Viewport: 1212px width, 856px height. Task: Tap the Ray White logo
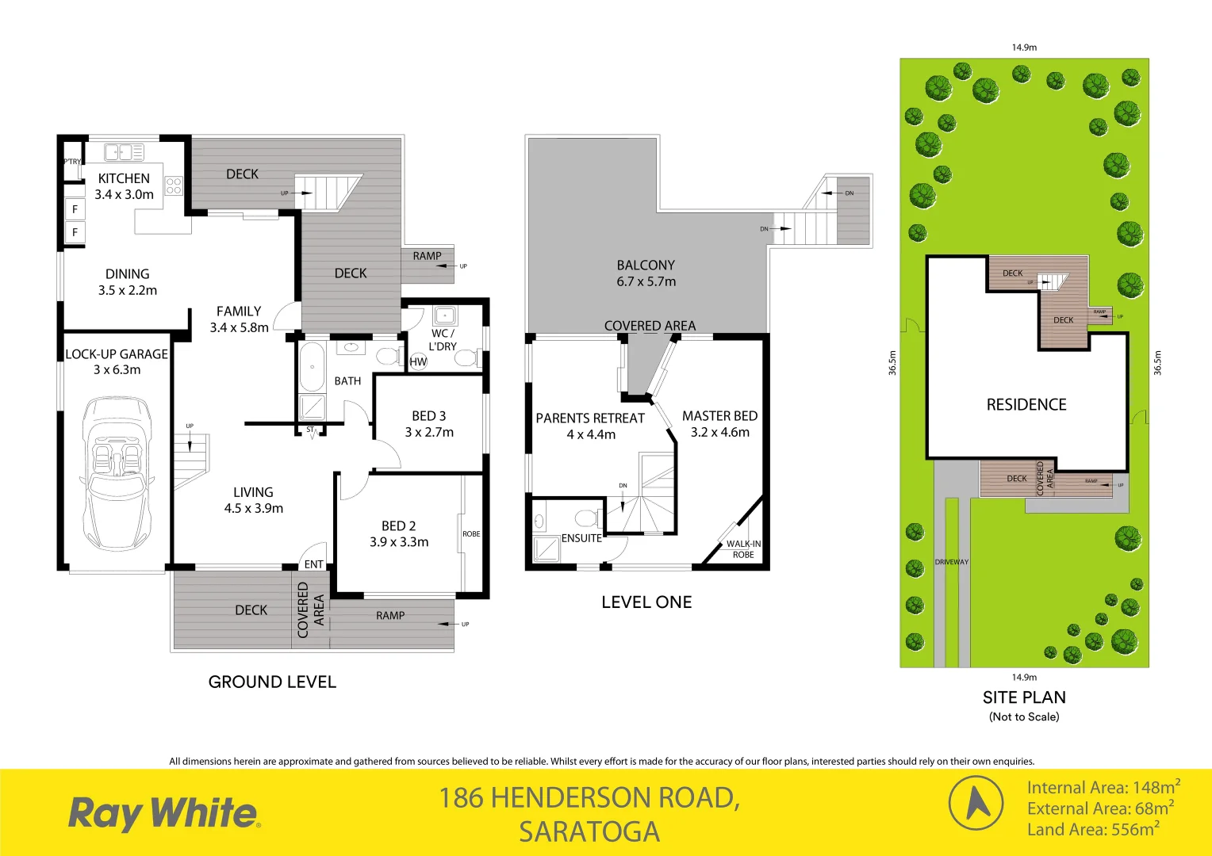[163, 814]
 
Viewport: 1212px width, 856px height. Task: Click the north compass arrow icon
[976, 803]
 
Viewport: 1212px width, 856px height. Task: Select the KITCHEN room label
[124, 178]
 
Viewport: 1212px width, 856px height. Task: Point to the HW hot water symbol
[418, 361]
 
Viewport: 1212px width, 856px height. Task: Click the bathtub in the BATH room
[312, 366]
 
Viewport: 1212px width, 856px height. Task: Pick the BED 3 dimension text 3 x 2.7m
[429, 433]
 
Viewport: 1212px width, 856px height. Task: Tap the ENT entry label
[313, 564]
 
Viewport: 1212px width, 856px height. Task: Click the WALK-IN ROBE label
[743, 548]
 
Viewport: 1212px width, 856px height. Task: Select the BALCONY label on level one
[646, 266]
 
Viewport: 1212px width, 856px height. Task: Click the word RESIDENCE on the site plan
[1026, 404]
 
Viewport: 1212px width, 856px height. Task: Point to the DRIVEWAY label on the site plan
[951, 562]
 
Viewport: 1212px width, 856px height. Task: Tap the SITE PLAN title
[1024, 697]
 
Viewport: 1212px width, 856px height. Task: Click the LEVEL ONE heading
[646, 602]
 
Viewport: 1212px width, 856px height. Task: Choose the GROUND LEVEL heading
[272, 682]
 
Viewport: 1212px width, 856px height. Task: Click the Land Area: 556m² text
[1092, 830]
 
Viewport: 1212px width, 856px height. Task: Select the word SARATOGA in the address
[589, 832]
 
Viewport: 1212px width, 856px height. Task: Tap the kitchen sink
[124, 151]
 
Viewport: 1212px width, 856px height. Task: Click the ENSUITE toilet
[588, 519]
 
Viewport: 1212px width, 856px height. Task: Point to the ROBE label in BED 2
[471, 534]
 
